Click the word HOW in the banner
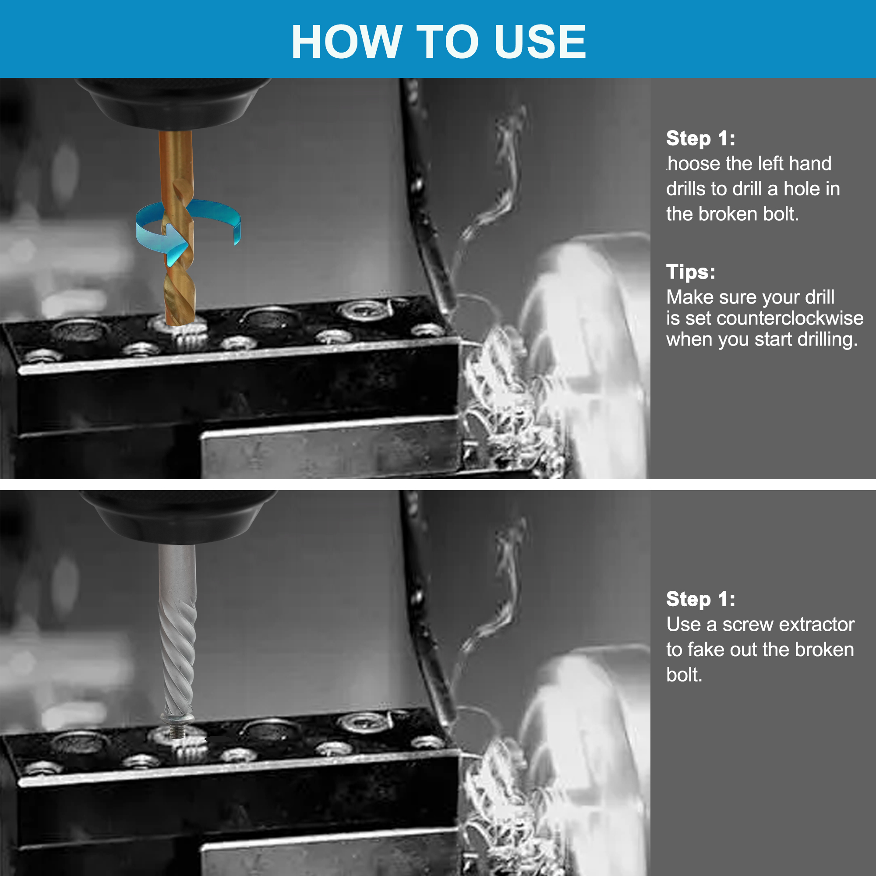pyautogui.click(x=347, y=42)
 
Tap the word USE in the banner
pyautogui.click(x=540, y=42)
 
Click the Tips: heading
pyautogui.click(x=691, y=272)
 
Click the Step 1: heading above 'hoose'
pyautogui.click(x=700, y=138)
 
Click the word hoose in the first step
pyautogui.click(x=694, y=164)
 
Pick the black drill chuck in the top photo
pyautogui.click(x=173, y=103)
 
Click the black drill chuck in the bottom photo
pyautogui.click(x=178, y=516)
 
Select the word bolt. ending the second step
pyautogui.click(x=684, y=675)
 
